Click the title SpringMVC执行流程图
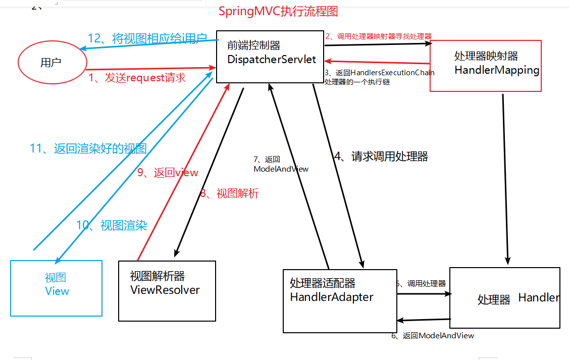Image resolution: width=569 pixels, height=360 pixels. coord(278,11)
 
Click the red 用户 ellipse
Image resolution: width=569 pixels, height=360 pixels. coord(51,63)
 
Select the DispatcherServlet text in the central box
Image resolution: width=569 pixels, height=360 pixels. coord(272,60)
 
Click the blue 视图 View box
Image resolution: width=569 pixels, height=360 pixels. coord(56,288)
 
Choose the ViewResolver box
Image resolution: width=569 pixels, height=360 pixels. coord(167,290)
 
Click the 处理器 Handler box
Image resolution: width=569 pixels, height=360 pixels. coord(504,298)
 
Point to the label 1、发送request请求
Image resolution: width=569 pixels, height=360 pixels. coord(137,78)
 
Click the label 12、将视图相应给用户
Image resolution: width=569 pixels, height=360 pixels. coord(147,38)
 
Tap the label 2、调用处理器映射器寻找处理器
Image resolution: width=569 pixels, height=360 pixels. coord(378,36)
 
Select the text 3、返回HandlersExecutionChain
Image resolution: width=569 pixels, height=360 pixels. coord(379,73)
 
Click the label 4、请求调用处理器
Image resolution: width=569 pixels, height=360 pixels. coord(381,157)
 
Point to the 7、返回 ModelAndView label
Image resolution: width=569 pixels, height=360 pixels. coord(281,164)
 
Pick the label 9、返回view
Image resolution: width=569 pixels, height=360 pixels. coord(168,173)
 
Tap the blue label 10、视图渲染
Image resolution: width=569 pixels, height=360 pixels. coord(112,225)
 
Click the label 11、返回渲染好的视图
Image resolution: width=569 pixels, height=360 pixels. coord(88,148)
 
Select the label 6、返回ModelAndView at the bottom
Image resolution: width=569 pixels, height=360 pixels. coord(433,336)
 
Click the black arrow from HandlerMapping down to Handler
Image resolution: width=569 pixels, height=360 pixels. coord(505,177)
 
